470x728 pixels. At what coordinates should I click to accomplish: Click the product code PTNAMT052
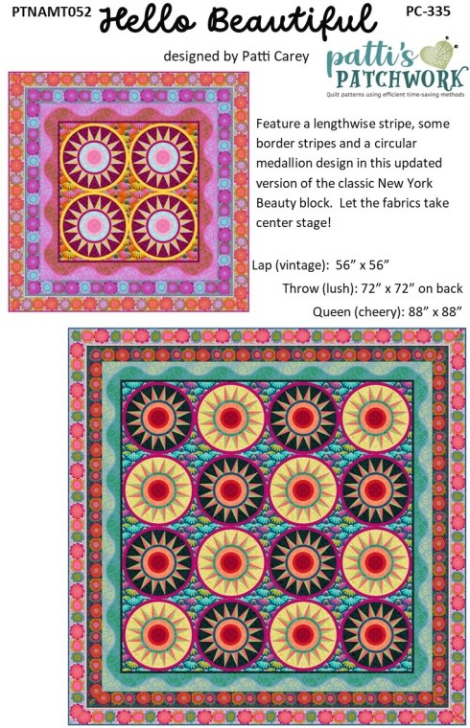tap(52, 12)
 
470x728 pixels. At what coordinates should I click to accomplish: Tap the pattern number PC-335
tap(428, 11)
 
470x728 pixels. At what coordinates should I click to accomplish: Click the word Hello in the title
tap(148, 21)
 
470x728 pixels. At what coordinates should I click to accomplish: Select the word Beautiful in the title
tap(293, 21)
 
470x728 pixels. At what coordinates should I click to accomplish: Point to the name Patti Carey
tap(275, 57)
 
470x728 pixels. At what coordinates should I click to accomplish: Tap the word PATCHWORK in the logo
tap(401, 80)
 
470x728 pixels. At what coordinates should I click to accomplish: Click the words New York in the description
tap(405, 183)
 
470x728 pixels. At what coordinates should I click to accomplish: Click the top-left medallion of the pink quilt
tap(94, 157)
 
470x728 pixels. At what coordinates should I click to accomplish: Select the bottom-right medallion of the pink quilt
tap(163, 226)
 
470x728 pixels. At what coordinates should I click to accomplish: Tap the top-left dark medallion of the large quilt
tap(158, 418)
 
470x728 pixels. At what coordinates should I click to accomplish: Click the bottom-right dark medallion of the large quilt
tap(376, 634)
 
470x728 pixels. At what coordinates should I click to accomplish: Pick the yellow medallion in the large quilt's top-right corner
tap(376, 418)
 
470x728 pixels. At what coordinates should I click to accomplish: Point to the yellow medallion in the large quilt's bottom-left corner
tap(158, 634)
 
